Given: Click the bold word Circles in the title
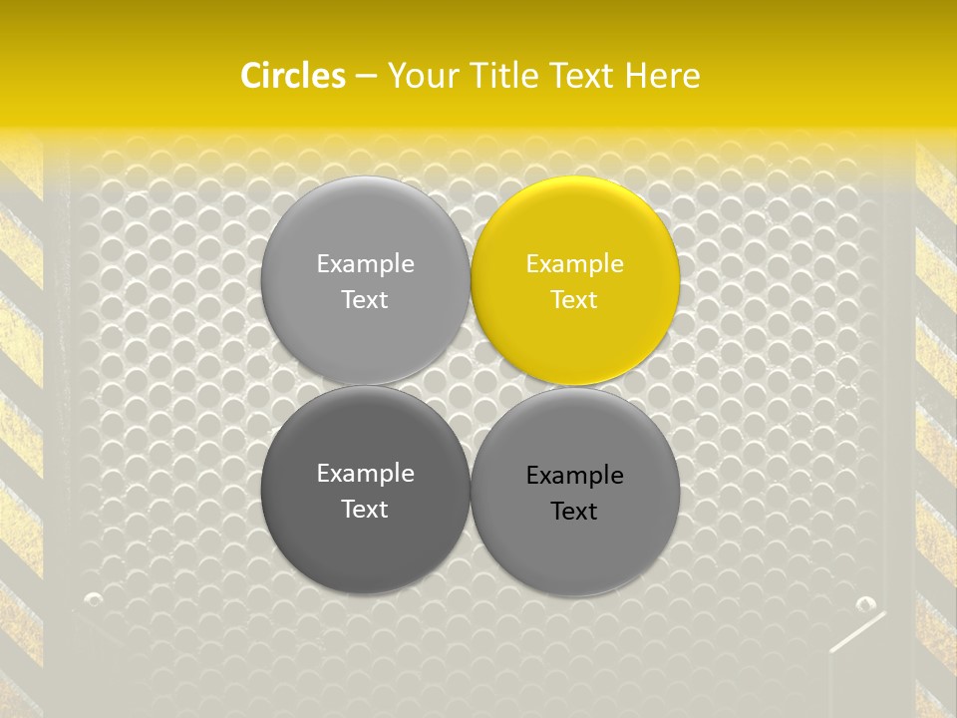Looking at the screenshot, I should pos(293,76).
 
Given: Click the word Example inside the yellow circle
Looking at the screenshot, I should pos(575,264).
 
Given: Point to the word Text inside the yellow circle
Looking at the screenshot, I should pos(575,300).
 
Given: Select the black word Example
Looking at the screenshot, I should pos(575,476).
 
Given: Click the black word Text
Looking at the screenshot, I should pos(575,512).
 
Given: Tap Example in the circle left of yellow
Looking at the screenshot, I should pos(365,264).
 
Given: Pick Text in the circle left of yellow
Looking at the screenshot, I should pos(365,300).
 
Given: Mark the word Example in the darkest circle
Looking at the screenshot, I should pos(365,474).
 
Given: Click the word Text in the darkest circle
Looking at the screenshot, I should pos(365,510).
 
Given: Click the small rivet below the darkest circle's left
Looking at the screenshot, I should pos(95,599).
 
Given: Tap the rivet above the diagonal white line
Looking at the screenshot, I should pos(865,603).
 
